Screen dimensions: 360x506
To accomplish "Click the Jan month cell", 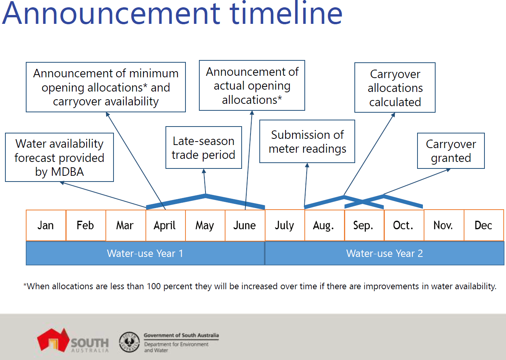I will click(x=46, y=225).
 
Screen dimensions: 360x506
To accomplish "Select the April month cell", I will click(x=165, y=225).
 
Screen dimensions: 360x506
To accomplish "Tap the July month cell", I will click(x=284, y=225).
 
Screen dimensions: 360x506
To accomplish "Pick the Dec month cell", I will click(x=483, y=225).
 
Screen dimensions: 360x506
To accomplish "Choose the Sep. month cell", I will click(x=364, y=225).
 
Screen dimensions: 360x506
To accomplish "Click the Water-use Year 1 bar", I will click(x=145, y=253).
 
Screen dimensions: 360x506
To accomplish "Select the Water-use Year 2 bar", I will click(x=384, y=253).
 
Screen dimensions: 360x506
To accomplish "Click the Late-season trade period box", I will click(x=204, y=148).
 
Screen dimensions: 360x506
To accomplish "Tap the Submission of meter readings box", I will click(x=307, y=142).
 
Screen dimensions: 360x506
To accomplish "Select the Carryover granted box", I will click(x=451, y=151).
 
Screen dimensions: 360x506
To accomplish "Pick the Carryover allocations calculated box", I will click(x=395, y=88).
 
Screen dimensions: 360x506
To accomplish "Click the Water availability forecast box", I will click(x=59, y=157).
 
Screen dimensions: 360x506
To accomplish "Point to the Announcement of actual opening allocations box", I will click(x=252, y=85).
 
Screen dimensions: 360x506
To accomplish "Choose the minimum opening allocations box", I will click(x=106, y=87).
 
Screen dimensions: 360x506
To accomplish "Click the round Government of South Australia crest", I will click(x=129, y=342).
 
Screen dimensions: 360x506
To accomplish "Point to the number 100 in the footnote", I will click(x=154, y=287).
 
